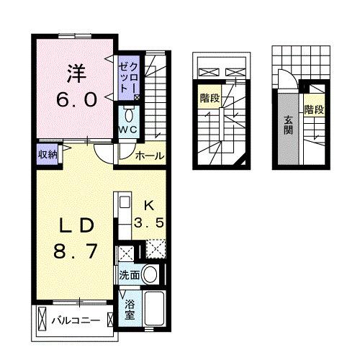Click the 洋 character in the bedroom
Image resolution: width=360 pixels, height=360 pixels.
(x=76, y=73)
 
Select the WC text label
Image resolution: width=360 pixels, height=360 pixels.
(x=129, y=129)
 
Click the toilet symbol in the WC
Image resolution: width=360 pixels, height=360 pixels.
(x=129, y=114)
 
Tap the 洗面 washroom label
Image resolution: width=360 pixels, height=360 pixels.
(x=130, y=274)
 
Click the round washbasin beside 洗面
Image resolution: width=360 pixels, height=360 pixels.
(x=150, y=274)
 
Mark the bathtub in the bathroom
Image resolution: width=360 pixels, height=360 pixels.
(x=155, y=310)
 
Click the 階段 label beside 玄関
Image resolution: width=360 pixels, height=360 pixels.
(x=313, y=110)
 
